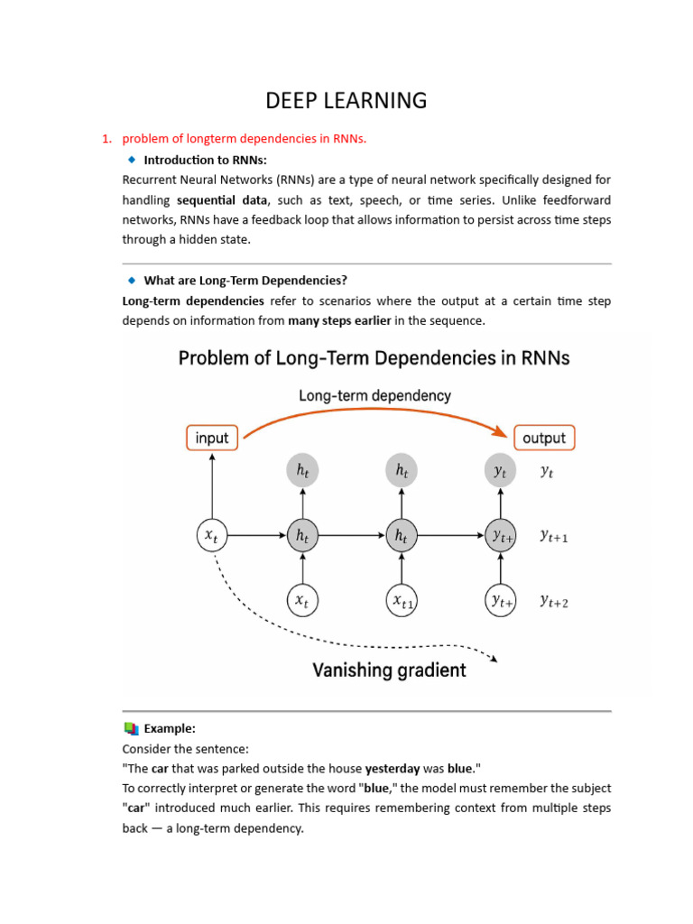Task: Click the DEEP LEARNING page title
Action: (x=346, y=100)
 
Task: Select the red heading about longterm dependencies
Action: (x=245, y=138)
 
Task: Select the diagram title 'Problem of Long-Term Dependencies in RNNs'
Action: (x=374, y=358)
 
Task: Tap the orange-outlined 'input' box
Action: (x=212, y=438)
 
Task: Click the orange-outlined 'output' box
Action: (x=543, y=438)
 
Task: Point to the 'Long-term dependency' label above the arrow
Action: (x=374, y=395)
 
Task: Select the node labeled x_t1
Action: (x=402, y=601)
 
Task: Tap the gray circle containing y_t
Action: (x=501, y=470)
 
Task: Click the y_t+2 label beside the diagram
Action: (x=554, y=601)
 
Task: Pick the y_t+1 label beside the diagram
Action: (x=554, y=536)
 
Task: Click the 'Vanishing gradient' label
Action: (x=389, y=670)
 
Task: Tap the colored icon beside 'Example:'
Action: (x=132, y=728)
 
